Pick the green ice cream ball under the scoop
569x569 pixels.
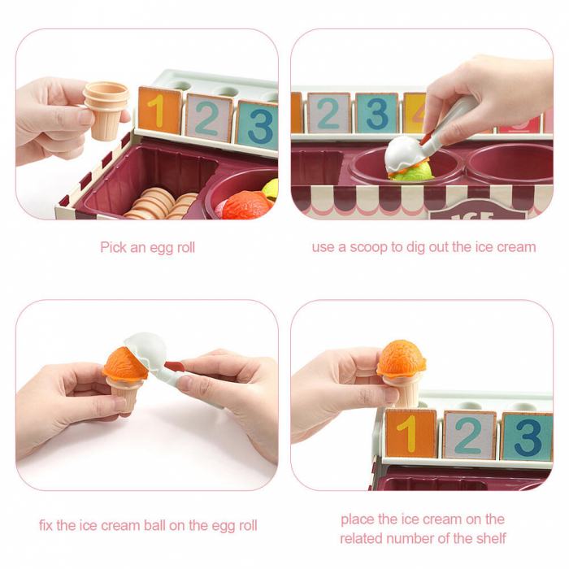[417, 170]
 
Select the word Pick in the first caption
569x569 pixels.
[114, 247]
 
